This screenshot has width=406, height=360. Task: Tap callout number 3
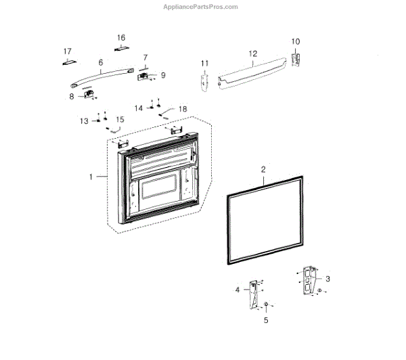[328, 278]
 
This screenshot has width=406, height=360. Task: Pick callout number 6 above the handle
[101, 62]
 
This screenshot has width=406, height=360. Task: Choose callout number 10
[295, 41]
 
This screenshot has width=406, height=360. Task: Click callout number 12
[252, 53]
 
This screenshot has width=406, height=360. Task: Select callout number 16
[121, 37]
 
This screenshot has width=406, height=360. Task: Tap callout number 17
[67, 51]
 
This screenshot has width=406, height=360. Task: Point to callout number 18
[182, 108]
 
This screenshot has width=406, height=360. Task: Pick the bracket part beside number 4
[254, 293]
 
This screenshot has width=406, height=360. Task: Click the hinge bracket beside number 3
[309, 279]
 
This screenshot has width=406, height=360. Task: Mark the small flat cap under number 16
[121, 49]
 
